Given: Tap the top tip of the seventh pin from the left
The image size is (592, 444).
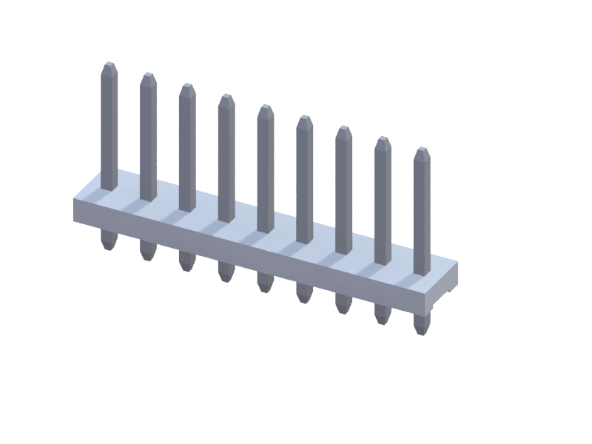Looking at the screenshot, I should (343, 130).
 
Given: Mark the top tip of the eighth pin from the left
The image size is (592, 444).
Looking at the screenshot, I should (383, 141).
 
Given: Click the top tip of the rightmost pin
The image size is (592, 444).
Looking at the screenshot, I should (422, 152).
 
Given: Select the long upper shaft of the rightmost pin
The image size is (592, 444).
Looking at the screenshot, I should (422, 215).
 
